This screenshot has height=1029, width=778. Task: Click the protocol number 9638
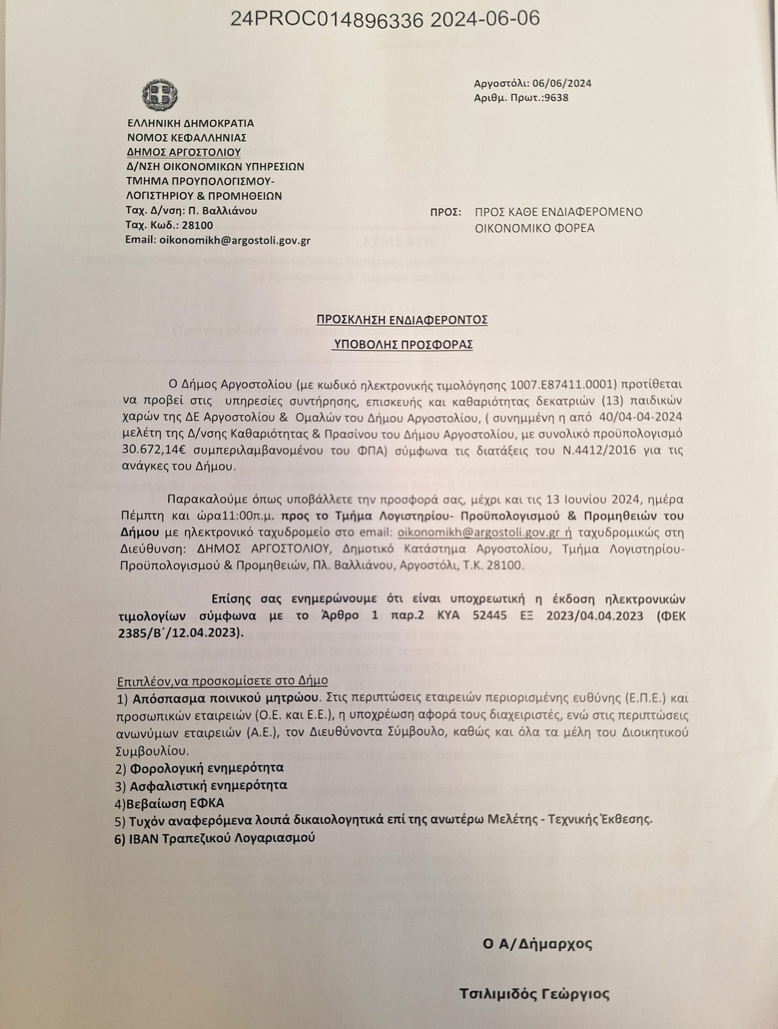coord(559,98)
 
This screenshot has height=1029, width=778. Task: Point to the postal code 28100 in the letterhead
coord(197,226)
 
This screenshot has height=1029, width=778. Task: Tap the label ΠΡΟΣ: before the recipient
coord(446,212)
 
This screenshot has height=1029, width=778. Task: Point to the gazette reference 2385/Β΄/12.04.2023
coord(180,632)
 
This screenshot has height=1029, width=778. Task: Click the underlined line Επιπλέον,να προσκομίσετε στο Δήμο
coord(222,681)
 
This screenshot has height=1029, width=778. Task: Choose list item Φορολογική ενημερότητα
coord(206,768)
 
